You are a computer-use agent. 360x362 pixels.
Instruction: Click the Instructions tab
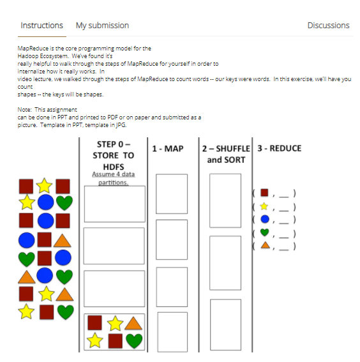(x=41, y=26)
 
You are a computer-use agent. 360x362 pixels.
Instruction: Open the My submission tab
(x=102, y=26)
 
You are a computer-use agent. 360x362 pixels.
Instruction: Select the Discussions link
(x=328, y=26)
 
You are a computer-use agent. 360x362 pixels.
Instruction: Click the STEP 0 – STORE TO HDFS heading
(x=114, y=155)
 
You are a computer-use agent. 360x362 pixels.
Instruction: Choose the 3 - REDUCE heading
(x=279, y=149)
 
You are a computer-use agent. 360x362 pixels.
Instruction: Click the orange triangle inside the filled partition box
(x=133, y=323)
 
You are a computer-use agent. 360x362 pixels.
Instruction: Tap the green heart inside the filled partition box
(x=133, y=341)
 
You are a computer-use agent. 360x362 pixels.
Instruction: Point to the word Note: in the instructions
(x=24, y=110)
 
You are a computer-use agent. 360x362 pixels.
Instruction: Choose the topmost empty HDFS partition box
(x=114, y=204)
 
